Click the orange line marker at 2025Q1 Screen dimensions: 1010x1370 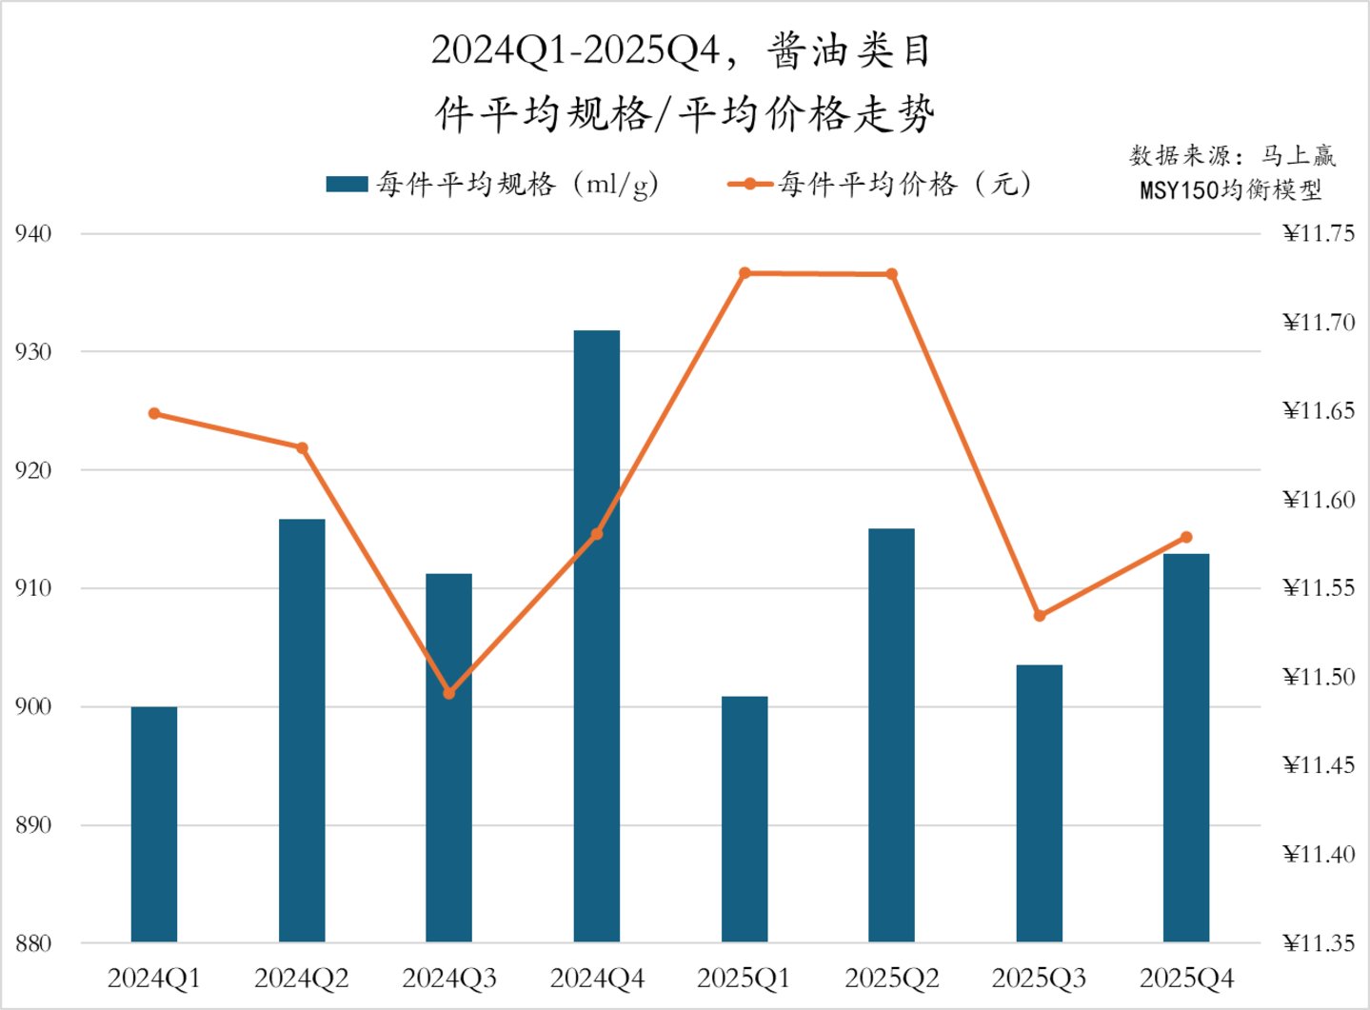(x=745, y=273)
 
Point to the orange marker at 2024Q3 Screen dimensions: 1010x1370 (x=449, y=693)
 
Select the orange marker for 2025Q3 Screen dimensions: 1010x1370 (x=1040, y=615)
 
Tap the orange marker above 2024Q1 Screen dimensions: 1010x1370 (x=154, y=413)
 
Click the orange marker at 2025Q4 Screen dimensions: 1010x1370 (x=1186, y=538)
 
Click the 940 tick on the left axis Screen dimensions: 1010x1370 (x=33, y=233)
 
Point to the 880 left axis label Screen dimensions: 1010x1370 (x=33, y=943)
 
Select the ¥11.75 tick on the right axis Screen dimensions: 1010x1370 (x=1319, y=233)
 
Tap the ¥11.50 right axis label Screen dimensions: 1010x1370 (x=1319, y=677)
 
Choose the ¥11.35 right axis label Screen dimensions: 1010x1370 (x=1319, y=943)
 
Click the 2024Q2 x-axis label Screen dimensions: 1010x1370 (x=302, y=978)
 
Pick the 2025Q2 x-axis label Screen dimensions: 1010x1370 (x=892, y=978)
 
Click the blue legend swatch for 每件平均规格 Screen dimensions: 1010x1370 (x=347, y=184)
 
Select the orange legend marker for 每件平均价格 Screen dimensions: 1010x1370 (x=750, y=184)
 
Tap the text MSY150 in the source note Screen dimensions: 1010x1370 (x=1179, y=189)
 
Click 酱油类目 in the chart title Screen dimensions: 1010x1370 (x=848, y=51)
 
